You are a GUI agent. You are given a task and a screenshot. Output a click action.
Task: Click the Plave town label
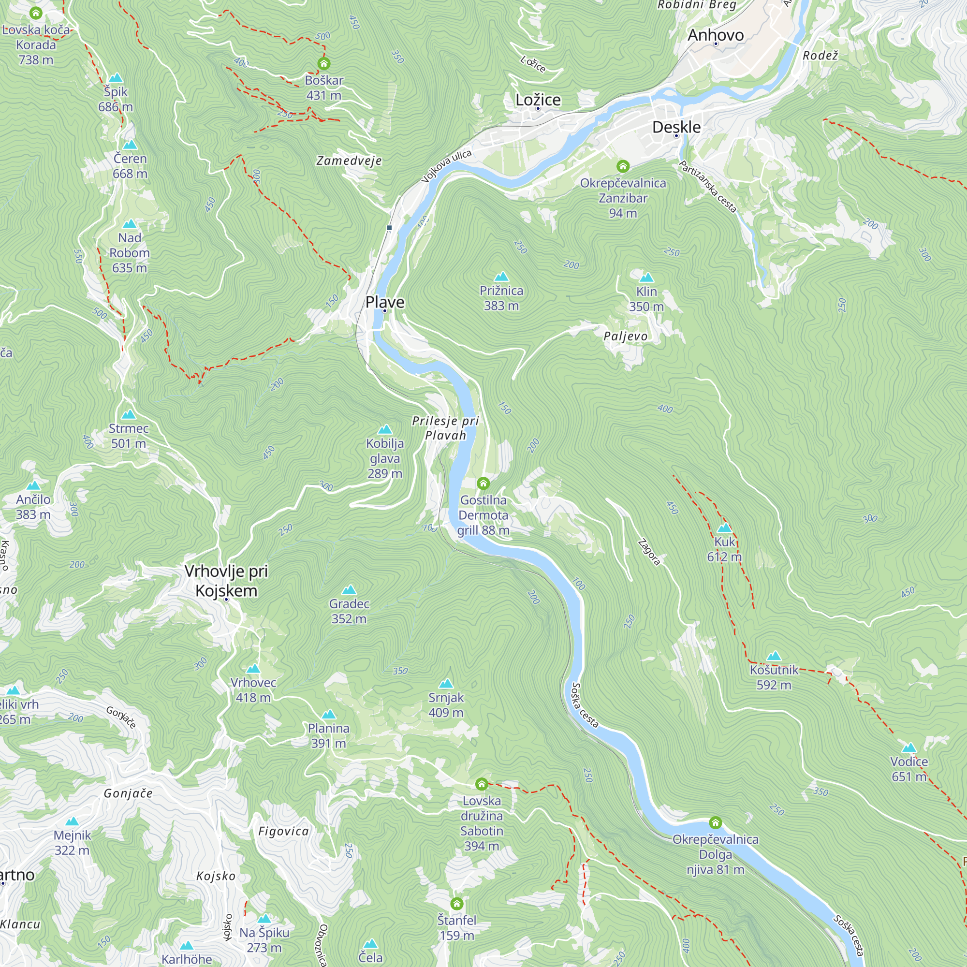[384, 302]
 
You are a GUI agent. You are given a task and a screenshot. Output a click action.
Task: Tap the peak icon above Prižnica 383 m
[501, 277]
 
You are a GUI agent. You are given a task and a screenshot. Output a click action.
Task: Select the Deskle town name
[676, 127]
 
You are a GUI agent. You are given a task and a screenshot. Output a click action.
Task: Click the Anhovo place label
[715, 34]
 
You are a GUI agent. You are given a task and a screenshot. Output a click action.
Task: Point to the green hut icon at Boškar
[324, 63]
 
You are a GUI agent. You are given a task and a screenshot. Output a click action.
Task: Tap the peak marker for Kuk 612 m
[724, 527]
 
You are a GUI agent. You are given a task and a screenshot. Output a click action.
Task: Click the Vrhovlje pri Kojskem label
[226, 581]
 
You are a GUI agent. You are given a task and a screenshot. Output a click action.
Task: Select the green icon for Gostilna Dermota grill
[483, 483]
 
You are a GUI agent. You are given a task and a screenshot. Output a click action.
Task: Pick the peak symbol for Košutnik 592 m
[774, 656]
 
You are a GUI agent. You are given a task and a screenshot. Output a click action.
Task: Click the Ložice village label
[538, 100]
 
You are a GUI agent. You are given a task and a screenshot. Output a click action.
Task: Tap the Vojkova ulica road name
[446, 166]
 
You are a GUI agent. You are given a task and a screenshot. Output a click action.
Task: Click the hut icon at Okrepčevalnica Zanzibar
[623, 166]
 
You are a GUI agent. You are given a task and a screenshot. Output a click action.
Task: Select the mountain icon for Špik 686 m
[116, 77]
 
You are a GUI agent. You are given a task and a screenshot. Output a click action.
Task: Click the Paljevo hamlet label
[625, 336]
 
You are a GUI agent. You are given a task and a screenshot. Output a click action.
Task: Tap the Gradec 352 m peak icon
[349, 589]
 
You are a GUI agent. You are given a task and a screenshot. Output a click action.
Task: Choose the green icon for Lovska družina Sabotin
[482, 783]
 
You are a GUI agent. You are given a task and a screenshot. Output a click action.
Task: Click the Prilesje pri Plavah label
[445, 428]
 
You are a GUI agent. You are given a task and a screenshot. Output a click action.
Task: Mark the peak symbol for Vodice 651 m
[909, 748]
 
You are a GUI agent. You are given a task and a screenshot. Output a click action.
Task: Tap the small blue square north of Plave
[389, 228]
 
